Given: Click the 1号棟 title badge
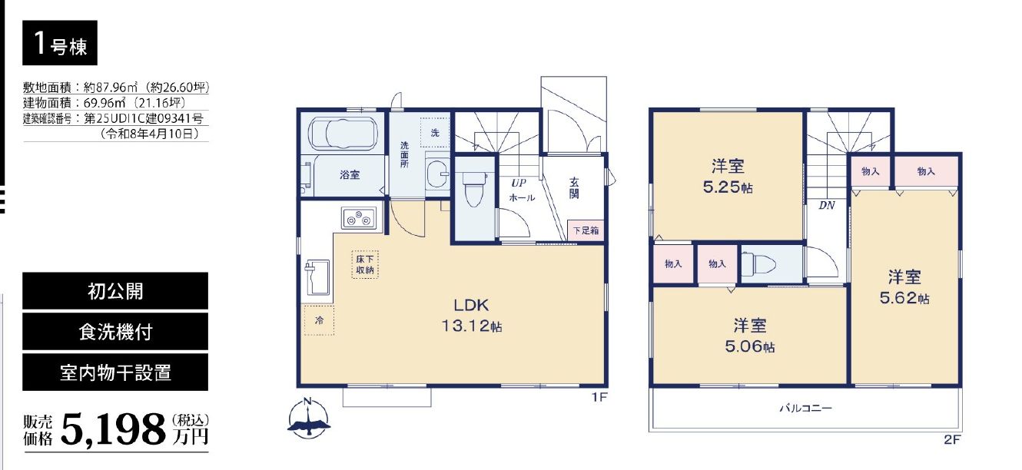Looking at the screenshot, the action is coord(60,43).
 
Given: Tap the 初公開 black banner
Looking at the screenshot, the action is coord(115,291).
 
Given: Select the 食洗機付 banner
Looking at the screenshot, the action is coord(115,332).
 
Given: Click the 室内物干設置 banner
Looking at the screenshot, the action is coord(115,372).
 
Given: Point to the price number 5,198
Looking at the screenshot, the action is coord(113,429).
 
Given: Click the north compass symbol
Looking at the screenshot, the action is coord(308,418).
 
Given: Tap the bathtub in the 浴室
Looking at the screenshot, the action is coord(343,134).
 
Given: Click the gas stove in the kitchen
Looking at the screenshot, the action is coord(359,218).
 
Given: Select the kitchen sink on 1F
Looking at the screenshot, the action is coord(317,277).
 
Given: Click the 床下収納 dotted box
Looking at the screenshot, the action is coord(365,264).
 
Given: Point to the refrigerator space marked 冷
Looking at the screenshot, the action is coord(319,320).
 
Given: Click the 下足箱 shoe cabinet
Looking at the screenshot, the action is coord(586,230).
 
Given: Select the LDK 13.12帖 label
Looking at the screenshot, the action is coord(471,316).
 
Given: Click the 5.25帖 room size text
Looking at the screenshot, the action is coord(728,187).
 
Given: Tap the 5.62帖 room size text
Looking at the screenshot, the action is coord(904,298).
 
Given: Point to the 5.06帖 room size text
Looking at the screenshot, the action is coord(750,346).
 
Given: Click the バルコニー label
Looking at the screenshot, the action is coord(805,408).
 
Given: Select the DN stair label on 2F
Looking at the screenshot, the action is coord(827,206).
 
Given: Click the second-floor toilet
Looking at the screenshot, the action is coord(758,265).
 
